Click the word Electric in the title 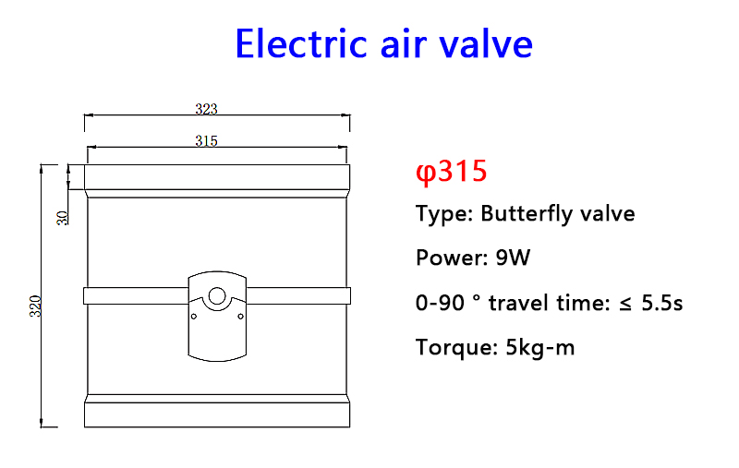pyautogui.click(x=301, y=43)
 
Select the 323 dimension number pyautogui.click(x=206, y=109)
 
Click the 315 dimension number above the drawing pyautogui.click(x=206, y=141)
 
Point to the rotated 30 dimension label pyautogui.click(x=63, y=218)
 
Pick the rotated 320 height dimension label pyautogui.click(x=36, y=306)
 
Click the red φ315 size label pyautogui.click(x=451, y=171)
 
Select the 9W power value pyautogui.click(x=513, y=258)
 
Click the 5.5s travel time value pyautogui.click(x=661, y=303)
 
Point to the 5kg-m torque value pyautogui.click(x=540, y=348)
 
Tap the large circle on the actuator pyautogui.click(x=217, y=296)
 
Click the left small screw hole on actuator pyautogui.click(x=194, y=317)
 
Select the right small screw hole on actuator pyautogui.click(x=241, y=317)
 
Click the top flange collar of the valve pyautogui.click(x=217, y=177)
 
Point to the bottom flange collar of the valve pyautogui.click(x=217, y=414)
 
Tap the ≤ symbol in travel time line pyautogui.click(x=625, y=304)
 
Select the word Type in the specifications pyautogui.click(x=444, y=214)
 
